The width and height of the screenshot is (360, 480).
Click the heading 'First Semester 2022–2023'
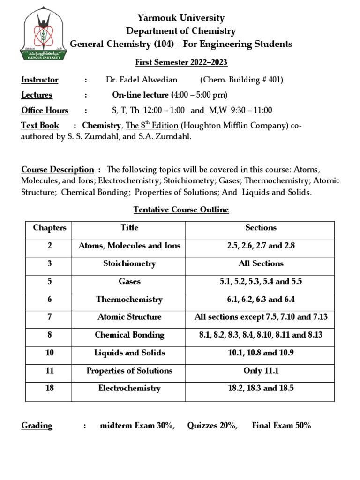181,62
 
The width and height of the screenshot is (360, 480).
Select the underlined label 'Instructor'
40,80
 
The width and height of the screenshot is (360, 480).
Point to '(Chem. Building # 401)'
241,80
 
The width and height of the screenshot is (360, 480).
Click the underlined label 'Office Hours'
45,111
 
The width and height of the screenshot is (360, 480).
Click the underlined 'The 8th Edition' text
152,126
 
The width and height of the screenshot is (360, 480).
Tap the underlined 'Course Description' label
58,169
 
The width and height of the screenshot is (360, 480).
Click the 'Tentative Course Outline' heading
181,210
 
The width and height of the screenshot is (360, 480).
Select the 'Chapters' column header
50,228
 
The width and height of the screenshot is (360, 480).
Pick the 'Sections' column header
261,228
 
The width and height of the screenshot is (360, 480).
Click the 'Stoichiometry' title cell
129,263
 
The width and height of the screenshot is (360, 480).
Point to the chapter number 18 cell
50,388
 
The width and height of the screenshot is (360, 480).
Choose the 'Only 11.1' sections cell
261,370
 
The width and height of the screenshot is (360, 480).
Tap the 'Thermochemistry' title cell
129,299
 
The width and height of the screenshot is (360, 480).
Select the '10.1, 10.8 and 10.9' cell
261,352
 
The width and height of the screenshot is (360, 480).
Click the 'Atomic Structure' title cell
129,317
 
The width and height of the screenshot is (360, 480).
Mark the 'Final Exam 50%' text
281,426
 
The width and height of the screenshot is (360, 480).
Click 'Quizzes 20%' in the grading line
212,426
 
